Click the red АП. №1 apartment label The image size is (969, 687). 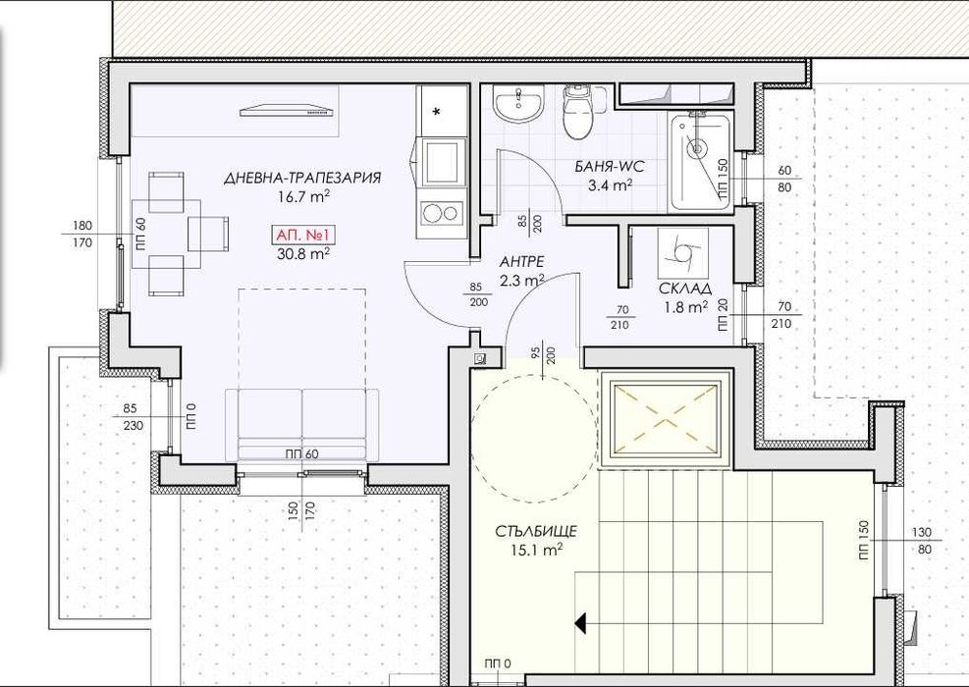[302, 236]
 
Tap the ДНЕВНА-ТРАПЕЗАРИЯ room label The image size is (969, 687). [302, 178]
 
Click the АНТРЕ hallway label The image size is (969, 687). [521, 262]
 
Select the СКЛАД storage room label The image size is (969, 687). [684, 288]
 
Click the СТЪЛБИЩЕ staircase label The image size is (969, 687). [536, 531]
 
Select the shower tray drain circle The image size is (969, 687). [697, 148]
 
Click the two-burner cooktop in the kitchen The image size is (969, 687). [441, 213]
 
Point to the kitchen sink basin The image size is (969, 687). [443, 161]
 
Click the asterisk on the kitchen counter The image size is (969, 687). [437, 112]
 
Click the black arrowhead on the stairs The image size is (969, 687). [580, 623]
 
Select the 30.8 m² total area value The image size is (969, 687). [302, 252]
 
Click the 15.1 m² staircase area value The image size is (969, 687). [536, 549]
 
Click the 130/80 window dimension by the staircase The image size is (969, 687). [921, 540]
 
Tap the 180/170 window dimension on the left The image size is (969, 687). [82, 235]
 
